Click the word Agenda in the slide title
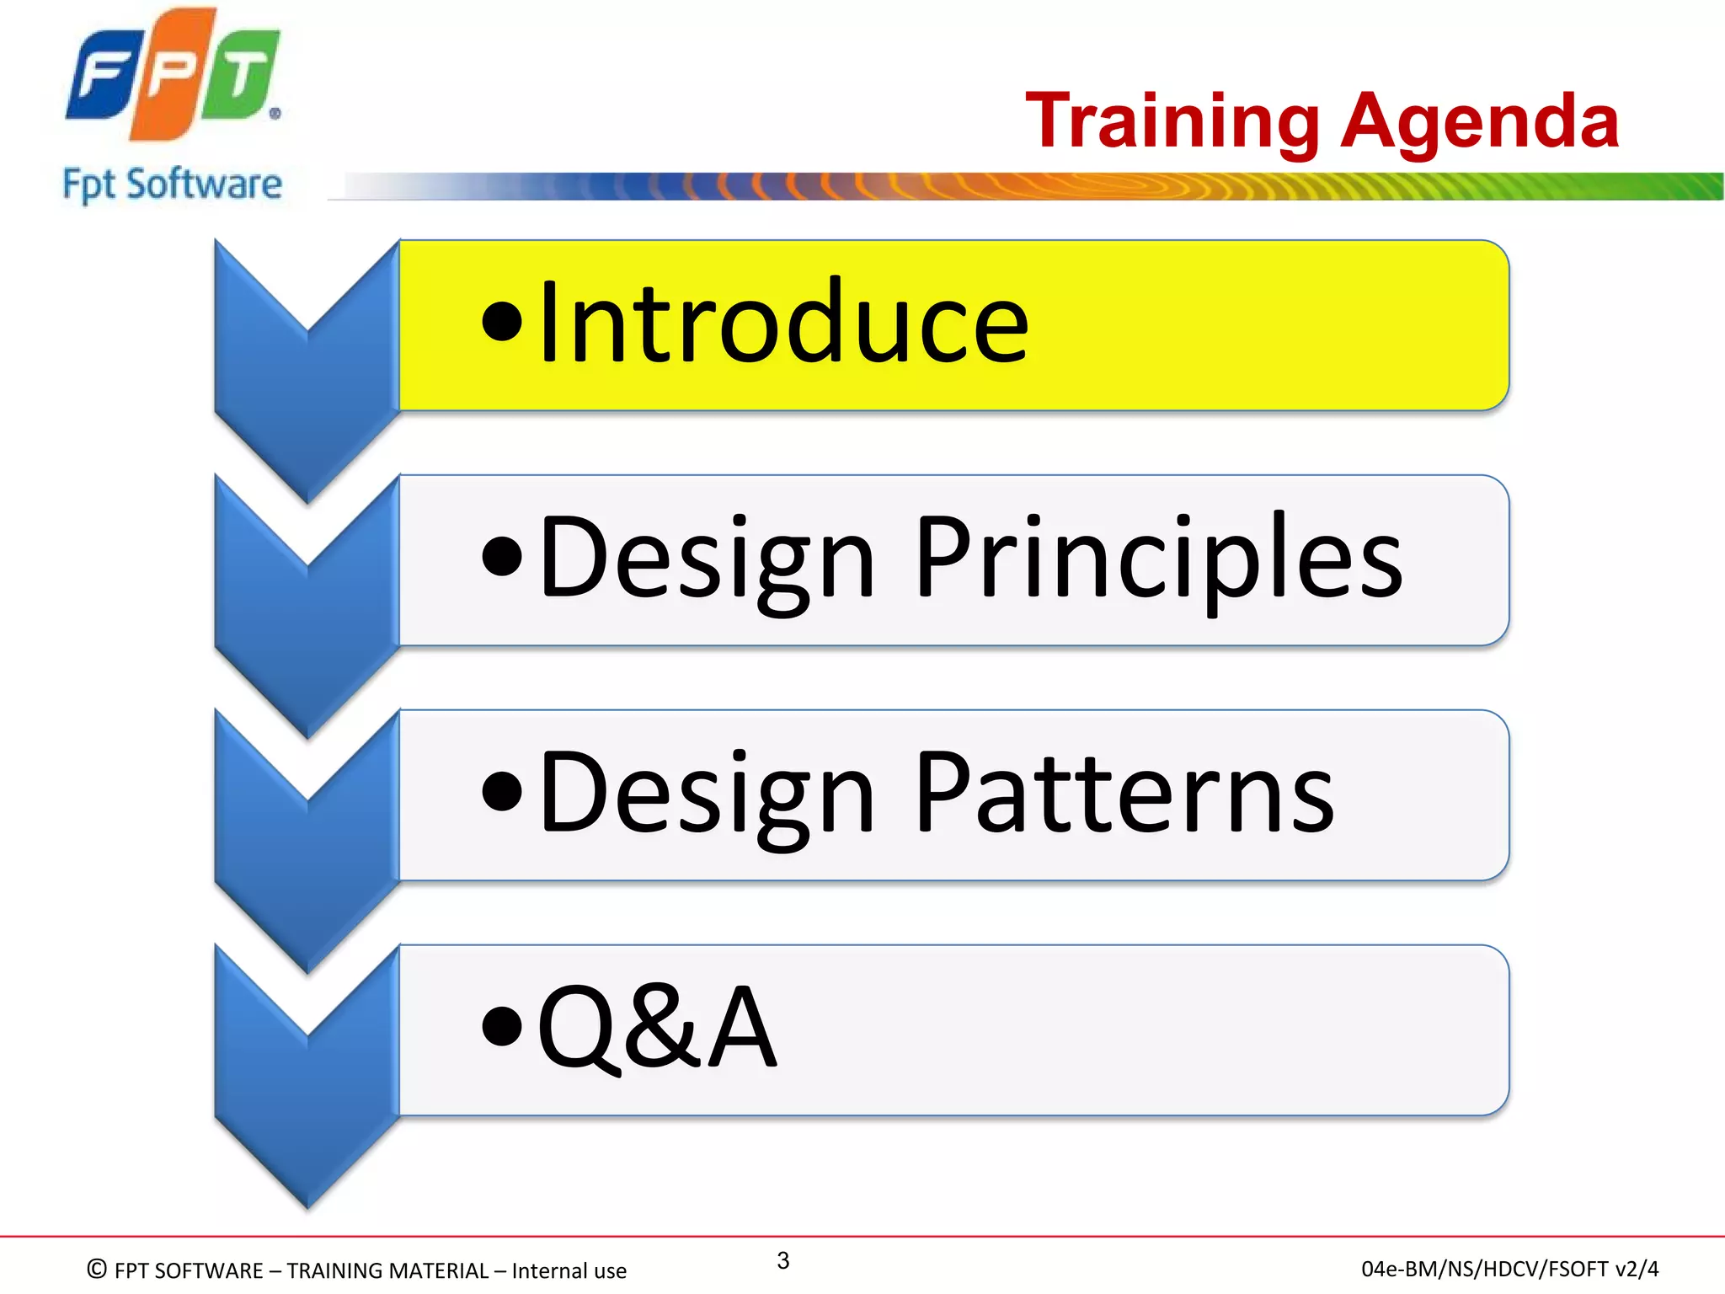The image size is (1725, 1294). [x=1480, y=122]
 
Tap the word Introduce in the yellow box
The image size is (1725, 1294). [x=783, y=323]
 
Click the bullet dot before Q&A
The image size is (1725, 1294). [x=503, y=1028]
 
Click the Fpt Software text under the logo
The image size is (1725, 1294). [x=173, y=184]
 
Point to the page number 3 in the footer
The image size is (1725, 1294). [x=782, y=1260]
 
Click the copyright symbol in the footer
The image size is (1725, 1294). [x=97, y=1269]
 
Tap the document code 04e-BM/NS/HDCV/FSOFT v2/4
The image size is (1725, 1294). [x=1509, y=1269]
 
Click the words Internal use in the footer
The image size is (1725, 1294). [x=569, y=1270]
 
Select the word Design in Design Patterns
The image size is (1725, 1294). [x=708, y=796]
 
